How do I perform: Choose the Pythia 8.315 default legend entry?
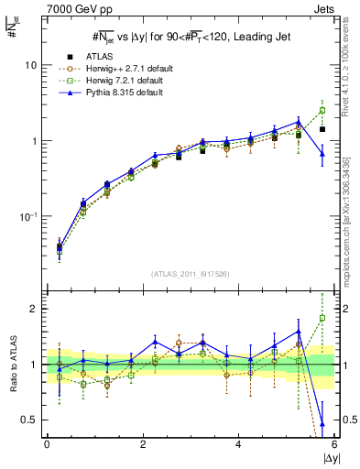(x=117, y=93)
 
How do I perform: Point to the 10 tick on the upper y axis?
(x=30, y=66)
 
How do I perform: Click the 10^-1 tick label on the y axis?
(x=27, y=217)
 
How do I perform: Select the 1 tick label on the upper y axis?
(x=34, y=141)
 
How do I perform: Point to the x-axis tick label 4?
(x=239, y=444)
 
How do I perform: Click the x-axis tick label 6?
(x=334, y=444)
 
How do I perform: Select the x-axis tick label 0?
(x=48, y=444)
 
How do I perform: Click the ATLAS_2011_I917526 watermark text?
(x=190, y=274)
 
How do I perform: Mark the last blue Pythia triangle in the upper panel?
(x=322, y=154)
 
